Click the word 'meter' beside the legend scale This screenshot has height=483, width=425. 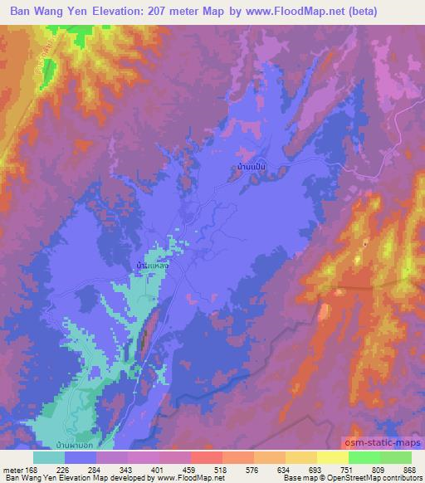click(12, 469)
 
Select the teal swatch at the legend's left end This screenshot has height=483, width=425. click(49, 457)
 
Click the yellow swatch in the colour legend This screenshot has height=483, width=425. click(332, 457)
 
